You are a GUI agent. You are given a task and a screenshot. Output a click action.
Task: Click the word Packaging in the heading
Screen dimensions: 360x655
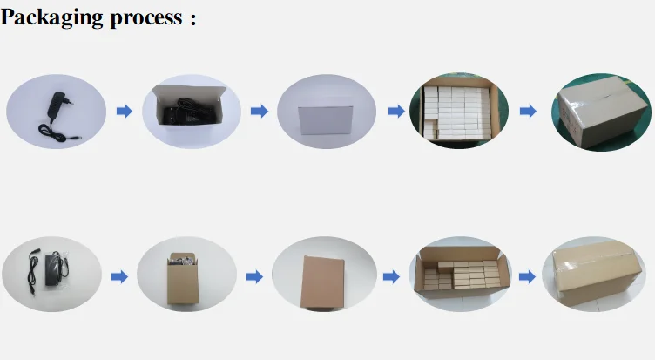coord(51,18)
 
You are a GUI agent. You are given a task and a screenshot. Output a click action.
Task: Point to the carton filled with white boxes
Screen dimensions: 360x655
coord(459,112)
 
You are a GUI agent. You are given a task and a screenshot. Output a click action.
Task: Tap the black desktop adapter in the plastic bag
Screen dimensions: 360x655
coord(52,271)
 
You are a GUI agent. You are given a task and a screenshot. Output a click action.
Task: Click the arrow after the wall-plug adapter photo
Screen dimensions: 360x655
coord(124,112)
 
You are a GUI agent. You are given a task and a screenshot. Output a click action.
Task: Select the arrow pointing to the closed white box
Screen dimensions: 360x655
coord(258,112)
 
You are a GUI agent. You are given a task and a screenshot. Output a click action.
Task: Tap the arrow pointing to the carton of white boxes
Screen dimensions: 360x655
coord(395,112)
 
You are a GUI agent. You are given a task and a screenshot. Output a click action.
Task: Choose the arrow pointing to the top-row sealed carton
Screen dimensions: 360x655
coord(528,112)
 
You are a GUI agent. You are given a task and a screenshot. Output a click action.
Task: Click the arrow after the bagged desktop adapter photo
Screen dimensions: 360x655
coord(119,276)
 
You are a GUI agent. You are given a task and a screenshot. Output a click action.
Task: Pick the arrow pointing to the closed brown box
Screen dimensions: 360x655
coord(253,276)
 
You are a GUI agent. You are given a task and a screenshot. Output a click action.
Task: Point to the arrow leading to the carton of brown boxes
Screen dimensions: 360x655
coord(391,276)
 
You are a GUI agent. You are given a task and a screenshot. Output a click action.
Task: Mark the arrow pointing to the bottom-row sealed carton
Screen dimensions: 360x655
coord(527,276)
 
